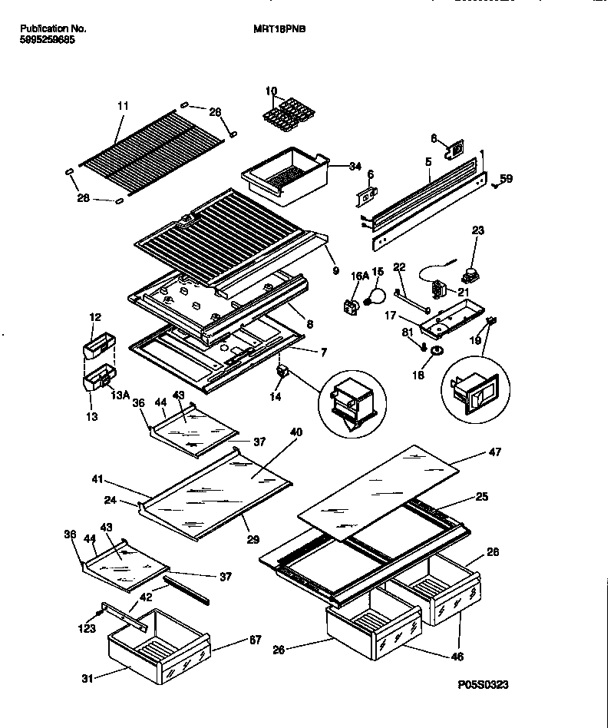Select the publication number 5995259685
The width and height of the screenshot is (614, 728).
(47, 39)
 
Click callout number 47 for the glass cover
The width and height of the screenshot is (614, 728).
(494, 452)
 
